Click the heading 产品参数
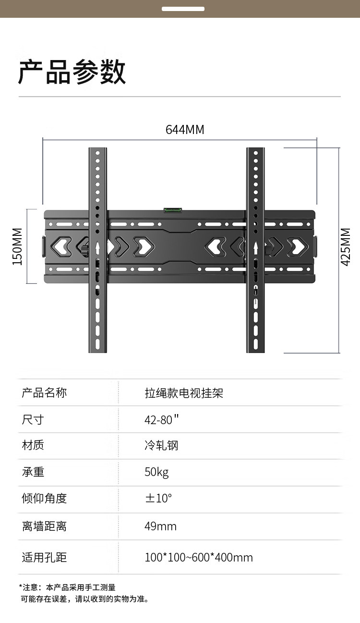point(72,73)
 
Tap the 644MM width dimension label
point(185,130)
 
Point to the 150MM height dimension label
point(17,246)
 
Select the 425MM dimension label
point(346,246)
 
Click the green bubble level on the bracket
point(173,210)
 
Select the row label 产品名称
point(44,393)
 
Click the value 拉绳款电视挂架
point(184,393)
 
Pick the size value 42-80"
point(161,419)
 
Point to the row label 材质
point(33,445)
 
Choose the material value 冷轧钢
point(161,445)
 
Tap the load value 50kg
point(156,472)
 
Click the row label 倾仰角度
point(44,498)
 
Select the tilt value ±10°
point(158,498)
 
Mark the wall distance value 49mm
point(160,526)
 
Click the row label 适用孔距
point(44,557)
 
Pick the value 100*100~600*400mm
point(198,557)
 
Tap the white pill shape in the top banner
point(183,9)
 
